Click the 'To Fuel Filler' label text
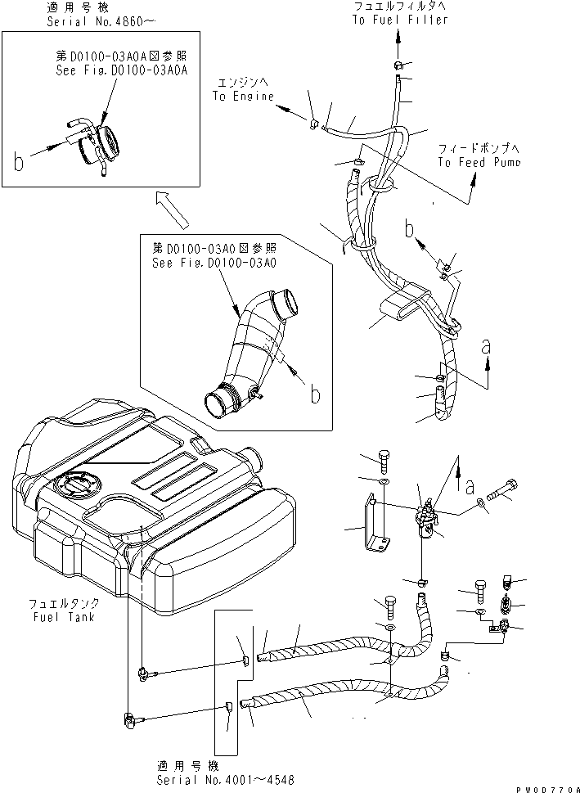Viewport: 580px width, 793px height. pyautogui.click(x=401, y=20)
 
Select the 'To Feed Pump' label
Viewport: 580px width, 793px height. pyautogui.click(x=479, y=162)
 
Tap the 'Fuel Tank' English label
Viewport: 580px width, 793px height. pyautogui.click(x=65, y=616)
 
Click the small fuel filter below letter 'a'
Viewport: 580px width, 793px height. pyautogui.click(x=427, y=524)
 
